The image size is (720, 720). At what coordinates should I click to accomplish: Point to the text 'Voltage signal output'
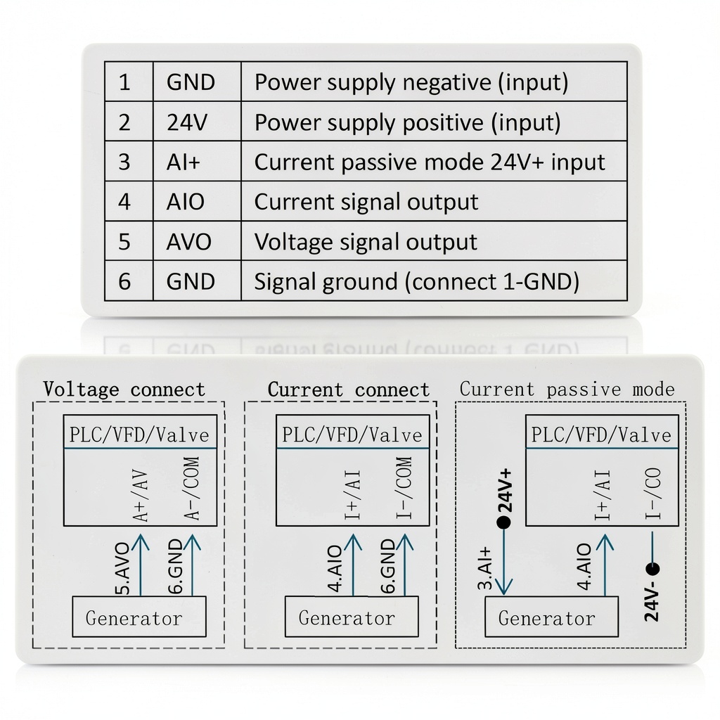366,242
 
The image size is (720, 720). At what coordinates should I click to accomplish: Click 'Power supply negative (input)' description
411,83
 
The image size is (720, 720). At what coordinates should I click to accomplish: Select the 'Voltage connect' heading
124,390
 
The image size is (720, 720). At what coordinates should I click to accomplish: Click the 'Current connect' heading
349,390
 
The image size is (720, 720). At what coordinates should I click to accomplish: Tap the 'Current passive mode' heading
567,390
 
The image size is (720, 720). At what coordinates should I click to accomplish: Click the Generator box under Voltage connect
139,616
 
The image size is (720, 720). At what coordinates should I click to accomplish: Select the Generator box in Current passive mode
551,616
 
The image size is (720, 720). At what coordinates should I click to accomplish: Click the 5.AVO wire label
122,568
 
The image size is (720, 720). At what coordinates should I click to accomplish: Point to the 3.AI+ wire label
485,568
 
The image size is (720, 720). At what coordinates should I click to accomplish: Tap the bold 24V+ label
505,490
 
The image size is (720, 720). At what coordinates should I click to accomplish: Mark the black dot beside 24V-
652,569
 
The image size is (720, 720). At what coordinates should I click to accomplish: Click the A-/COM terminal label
192,489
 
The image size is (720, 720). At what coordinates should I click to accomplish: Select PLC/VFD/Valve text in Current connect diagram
352,435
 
